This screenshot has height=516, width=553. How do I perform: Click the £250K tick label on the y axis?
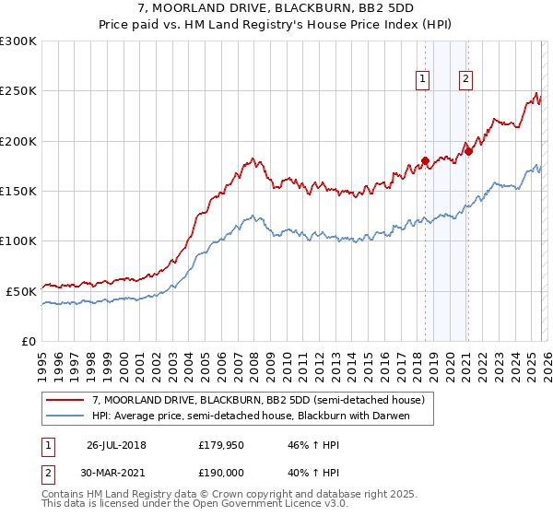coord(18,91)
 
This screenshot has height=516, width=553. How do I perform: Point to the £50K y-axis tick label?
coord(21,291)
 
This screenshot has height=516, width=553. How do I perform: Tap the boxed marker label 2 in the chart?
coord(466,80)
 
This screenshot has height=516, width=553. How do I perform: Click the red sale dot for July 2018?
coord(425,161)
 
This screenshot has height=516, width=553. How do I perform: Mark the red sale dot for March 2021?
coord(468,151)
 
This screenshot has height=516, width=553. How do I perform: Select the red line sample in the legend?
coord(65,400)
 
